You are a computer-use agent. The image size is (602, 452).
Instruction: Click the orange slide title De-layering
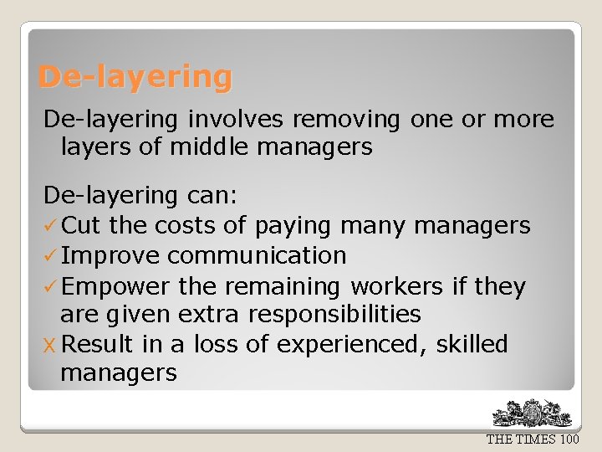tap(135, 77)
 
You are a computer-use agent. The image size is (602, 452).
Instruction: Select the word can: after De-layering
tap(209, 196)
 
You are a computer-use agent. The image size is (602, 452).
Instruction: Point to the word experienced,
tap(352, 345)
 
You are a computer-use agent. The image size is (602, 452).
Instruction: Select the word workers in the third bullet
tap(396, 287)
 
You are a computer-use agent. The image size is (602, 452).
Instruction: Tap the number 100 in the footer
tap(569, 439)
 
